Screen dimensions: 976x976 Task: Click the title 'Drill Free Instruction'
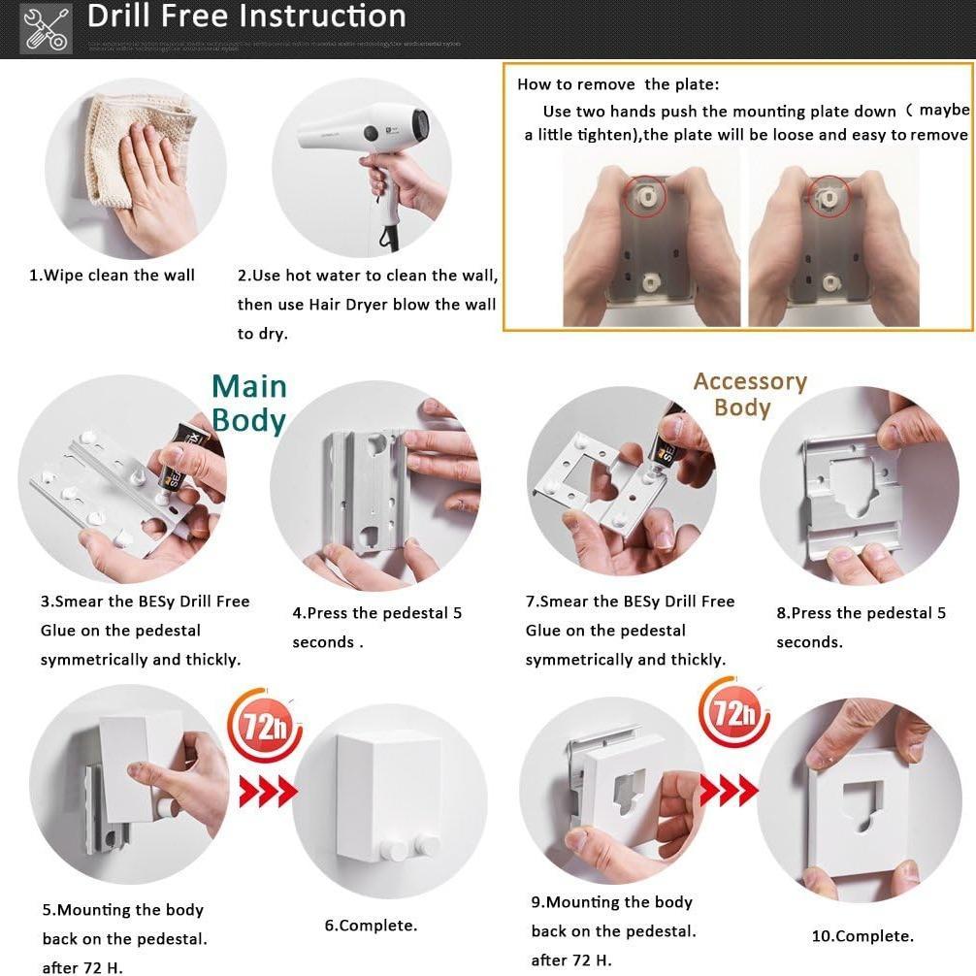coord(246,16)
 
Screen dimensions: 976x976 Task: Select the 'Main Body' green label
coord(249,403)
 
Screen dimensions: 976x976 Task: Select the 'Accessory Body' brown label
coord(749,394)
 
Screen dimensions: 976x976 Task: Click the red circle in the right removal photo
coord(830,196)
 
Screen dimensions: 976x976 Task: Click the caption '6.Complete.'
coord(371,926)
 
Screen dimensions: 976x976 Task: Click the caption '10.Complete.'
coord(862,936)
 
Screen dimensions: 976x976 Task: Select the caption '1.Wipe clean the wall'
coord(112,276)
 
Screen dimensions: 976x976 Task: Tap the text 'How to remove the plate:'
coord(618,84)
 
